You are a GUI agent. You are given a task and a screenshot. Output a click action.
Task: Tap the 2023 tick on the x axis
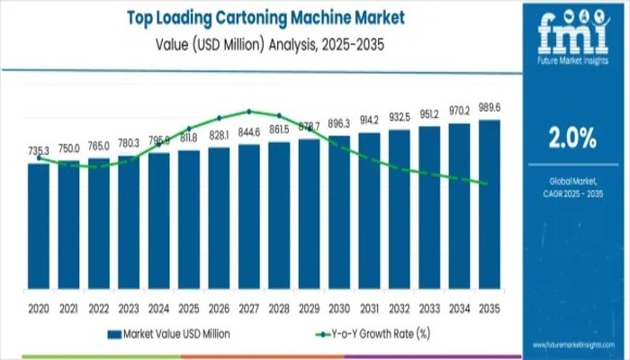click(129, 308)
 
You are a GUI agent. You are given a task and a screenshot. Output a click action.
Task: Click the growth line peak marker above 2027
click(249, 112)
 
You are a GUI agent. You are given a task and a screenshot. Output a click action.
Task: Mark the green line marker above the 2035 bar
click(487, 184)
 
